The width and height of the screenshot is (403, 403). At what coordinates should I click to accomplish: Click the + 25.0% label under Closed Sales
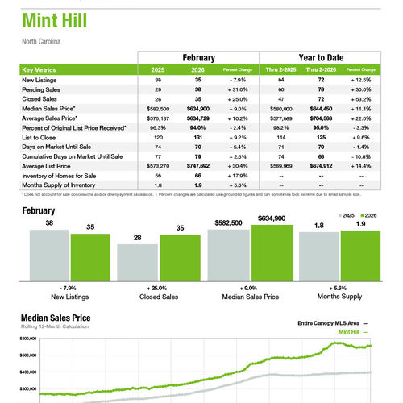pyautogui.click(x=160, y=288)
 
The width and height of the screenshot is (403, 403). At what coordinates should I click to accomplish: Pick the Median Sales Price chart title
pyautogui.click(x=56, y=318)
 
